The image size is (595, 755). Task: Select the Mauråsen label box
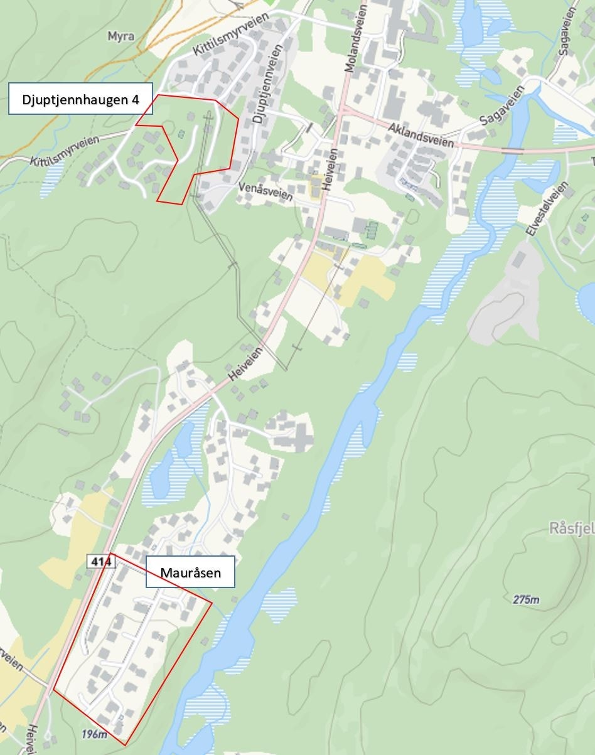point(190,572)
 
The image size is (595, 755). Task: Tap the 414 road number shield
point(100,562)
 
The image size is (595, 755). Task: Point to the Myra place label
point(121,36)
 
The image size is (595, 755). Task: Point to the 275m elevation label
point(525,600)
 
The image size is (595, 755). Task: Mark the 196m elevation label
point(94,734)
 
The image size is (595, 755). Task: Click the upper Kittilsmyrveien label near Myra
point(230,35)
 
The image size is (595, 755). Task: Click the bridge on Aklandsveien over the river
point(512,151)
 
